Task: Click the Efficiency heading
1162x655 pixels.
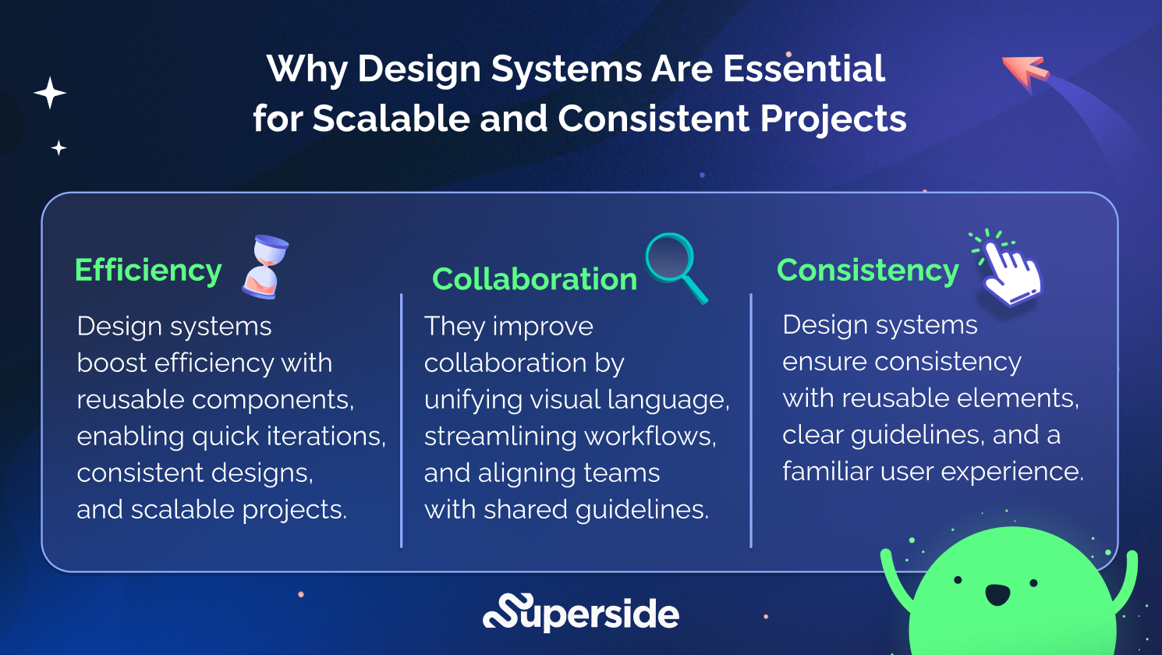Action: (148, 271)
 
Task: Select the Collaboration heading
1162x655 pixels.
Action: (534, 279)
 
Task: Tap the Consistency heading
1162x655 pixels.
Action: (867, 271)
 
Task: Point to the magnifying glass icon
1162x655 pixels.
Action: (675, 266)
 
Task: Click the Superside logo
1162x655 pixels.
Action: (581, 613)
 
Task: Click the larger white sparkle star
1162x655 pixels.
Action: (50, 93)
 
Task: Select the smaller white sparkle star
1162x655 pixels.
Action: (58, 147)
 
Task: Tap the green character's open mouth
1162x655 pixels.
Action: (997, 594)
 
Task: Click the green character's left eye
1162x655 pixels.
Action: (958, 579)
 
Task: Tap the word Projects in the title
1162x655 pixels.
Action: (833, 119)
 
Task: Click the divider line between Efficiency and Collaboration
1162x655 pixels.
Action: (401, 421)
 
